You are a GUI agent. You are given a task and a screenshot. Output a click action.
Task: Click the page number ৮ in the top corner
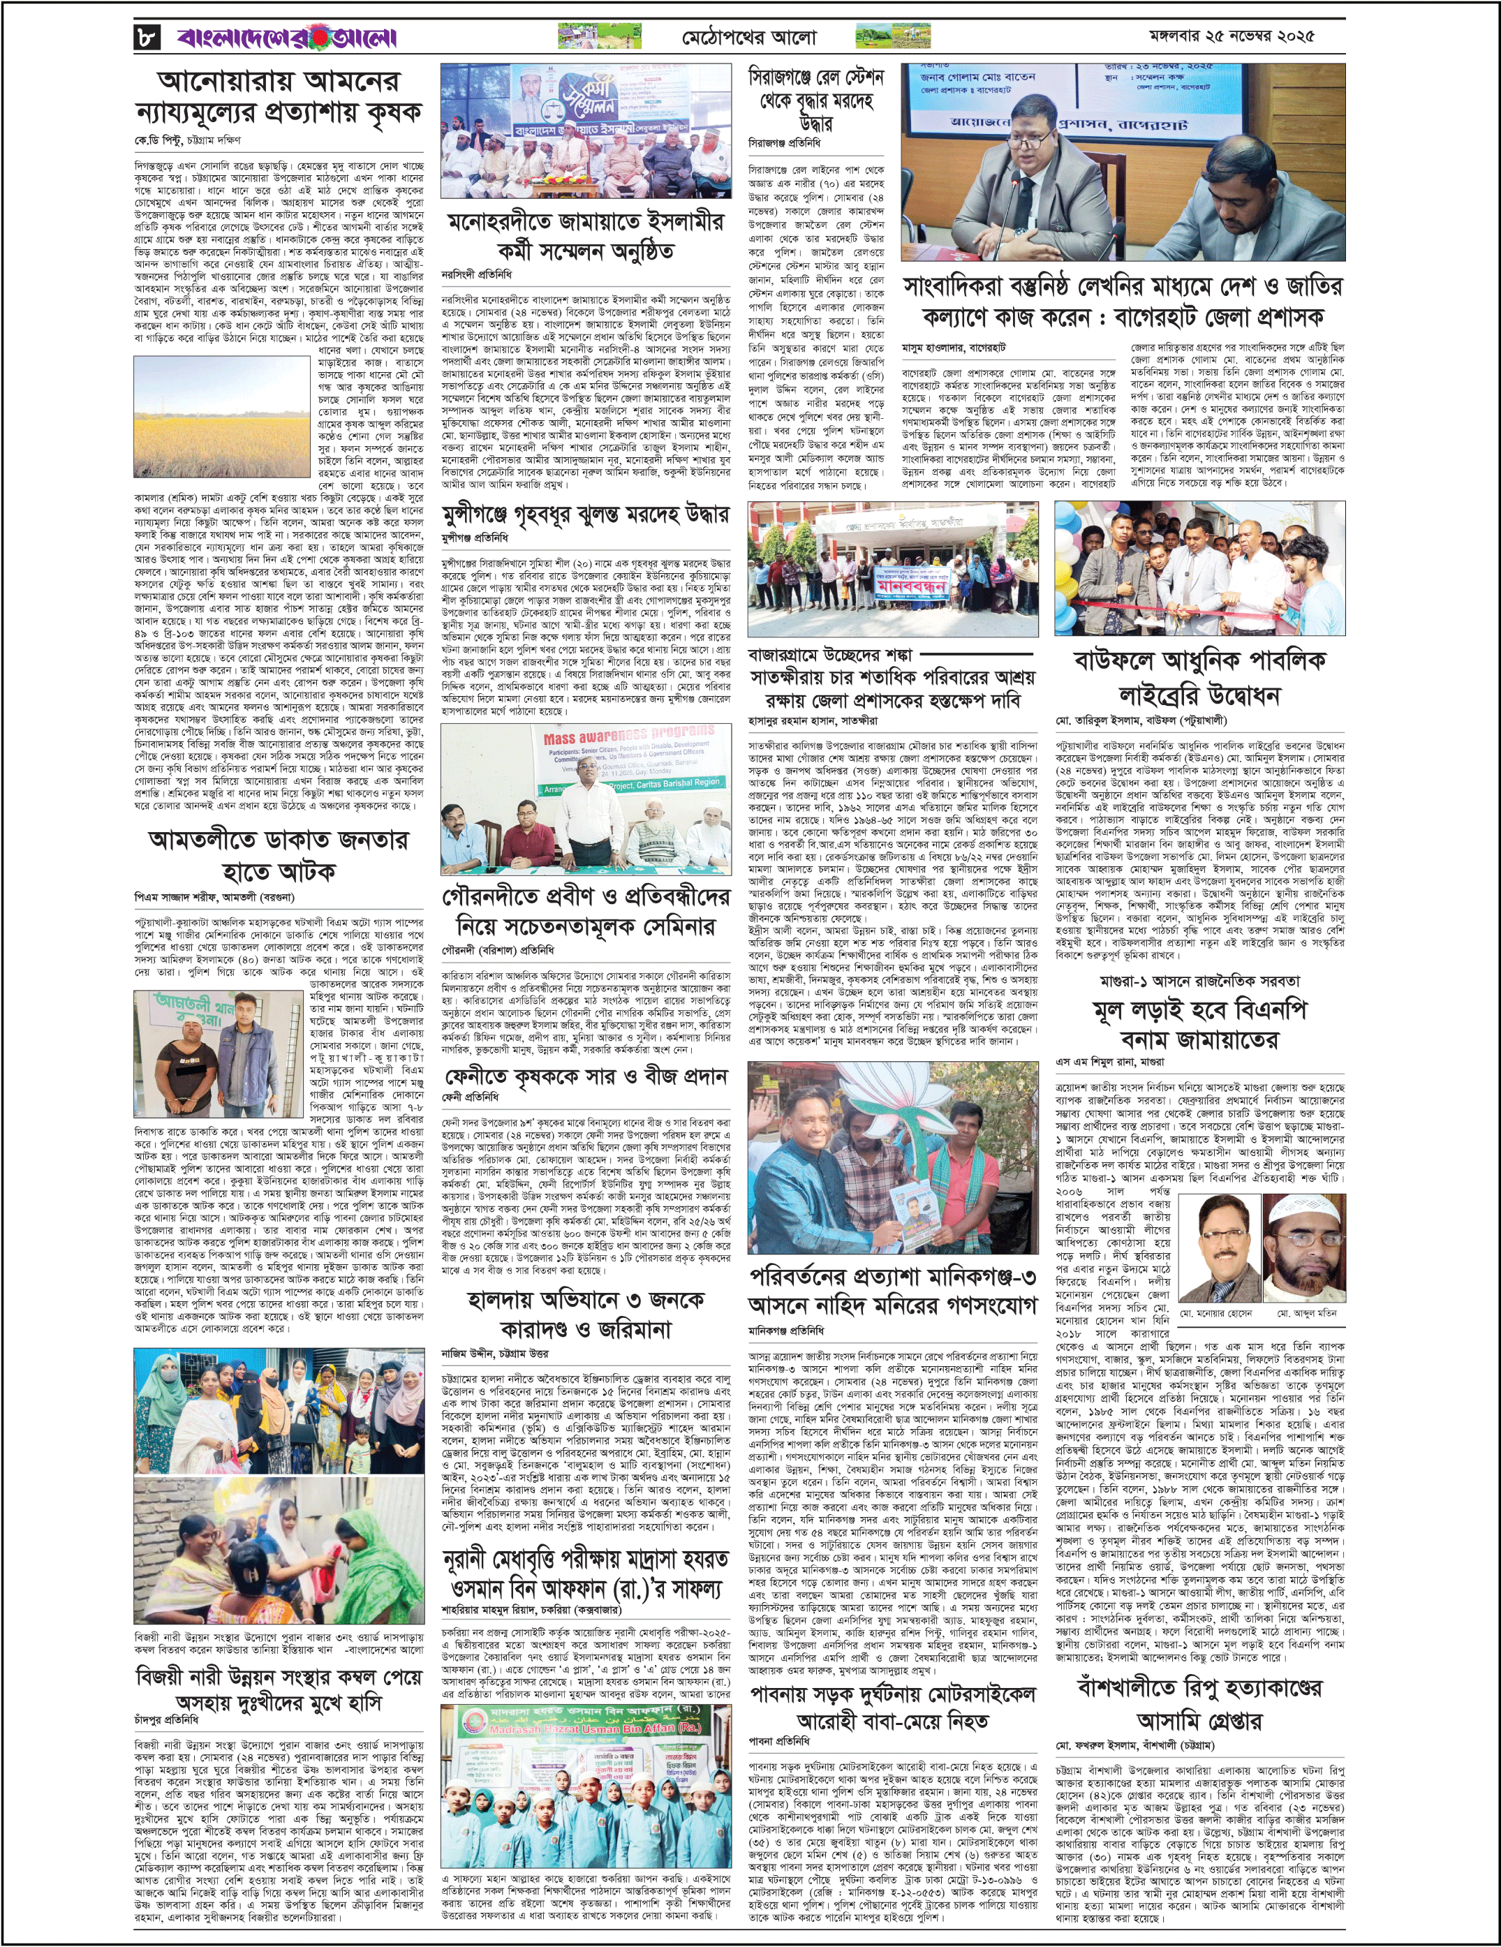pos(145,38)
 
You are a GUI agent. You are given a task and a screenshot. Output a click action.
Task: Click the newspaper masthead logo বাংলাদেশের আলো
pos(286,38)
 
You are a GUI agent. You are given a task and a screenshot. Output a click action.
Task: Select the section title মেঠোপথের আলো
pos(748,38)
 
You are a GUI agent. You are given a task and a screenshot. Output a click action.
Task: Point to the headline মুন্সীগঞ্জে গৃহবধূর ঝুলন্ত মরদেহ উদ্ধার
pos(586,514)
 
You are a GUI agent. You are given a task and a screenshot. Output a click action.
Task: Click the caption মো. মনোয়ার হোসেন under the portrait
pos(1215,1313)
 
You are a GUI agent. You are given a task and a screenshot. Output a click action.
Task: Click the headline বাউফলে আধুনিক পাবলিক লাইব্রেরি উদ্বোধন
pos(1199,678)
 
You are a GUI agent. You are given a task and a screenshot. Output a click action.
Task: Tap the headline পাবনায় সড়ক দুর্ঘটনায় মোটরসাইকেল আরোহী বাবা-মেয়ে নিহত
pos(892,1707)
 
